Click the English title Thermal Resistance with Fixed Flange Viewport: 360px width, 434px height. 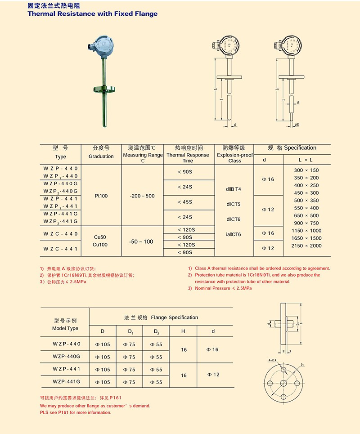pyautogui.click(x=93, y=13)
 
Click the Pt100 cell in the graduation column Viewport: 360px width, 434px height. pyautogui.click(x=101, y=196)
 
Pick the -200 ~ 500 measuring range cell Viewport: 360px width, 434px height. pyautogui.click(x=142, y=196)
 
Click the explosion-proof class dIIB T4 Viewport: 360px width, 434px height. pyautogui.click(x=234, y=189)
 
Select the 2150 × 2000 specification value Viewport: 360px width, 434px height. pyautogui.click(x=306, y=246)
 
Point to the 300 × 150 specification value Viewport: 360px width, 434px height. pyautogui.click(x=306, y=170)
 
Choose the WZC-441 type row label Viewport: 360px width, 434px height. pyautogui.click(x=61, y=248)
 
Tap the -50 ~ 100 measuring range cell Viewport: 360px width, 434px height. pyautogui.click(x=142, y=242)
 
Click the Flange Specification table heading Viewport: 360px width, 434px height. pyautogui.click(x=161, y=318)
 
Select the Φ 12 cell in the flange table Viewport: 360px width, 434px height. pyautogui.click(x=213, y=374)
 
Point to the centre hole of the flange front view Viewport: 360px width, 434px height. pyautogui.click(x=284, y=382)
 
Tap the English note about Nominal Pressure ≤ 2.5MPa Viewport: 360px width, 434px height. pyautogui.click(x=223, y=288)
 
